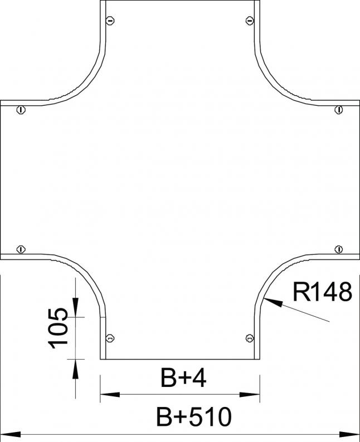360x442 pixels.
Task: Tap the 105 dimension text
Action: (x=58, y=328)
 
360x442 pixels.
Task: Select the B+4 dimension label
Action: (x=183, y=379)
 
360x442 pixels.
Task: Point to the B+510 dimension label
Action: (x=194, y=416)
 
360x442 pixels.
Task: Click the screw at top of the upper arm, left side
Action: (x=110, y=20)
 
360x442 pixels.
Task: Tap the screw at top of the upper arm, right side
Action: (x=250, y=20)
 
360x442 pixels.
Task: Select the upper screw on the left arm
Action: (x=21, y=110)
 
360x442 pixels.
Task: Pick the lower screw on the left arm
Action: (x=21, y=249)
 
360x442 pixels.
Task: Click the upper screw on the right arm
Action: (x=339, y=110)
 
